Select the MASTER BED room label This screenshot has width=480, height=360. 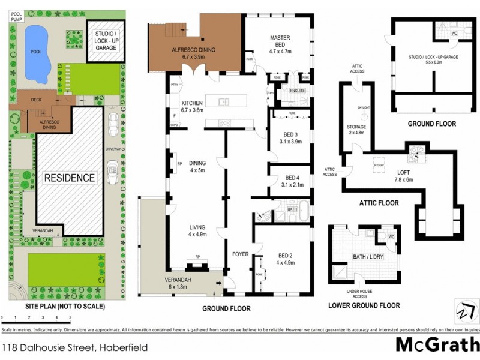(x=280, y=41)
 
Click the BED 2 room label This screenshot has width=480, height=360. (x=286, y=258)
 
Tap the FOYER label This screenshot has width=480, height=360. (x=241, y=254)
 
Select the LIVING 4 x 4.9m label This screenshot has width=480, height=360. (x=197, y=231)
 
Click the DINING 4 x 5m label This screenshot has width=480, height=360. (x=197, y=166)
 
